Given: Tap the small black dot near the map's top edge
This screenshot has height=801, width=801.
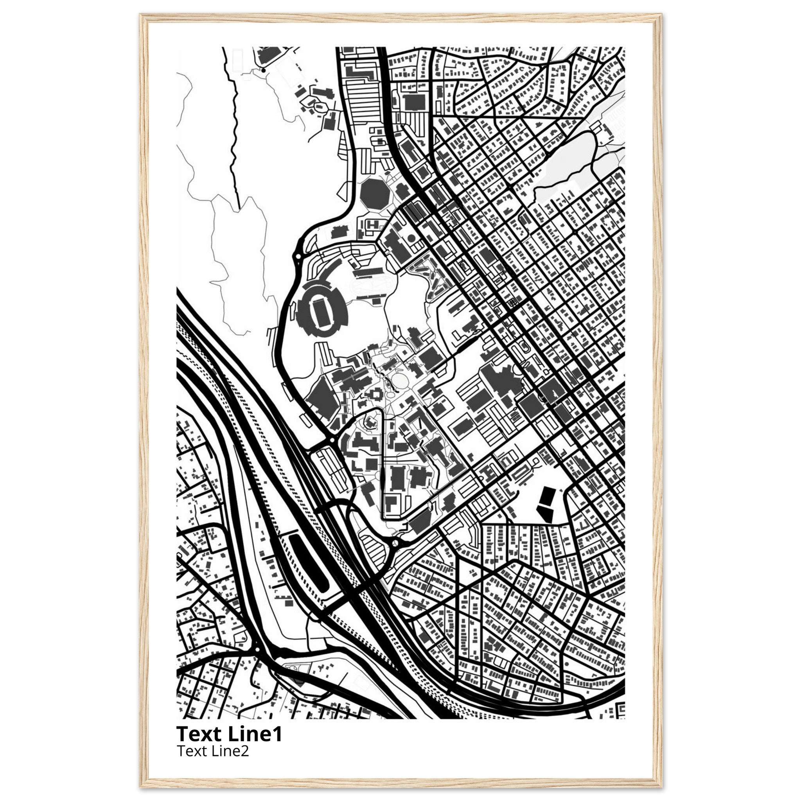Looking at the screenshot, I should (263, 71).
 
